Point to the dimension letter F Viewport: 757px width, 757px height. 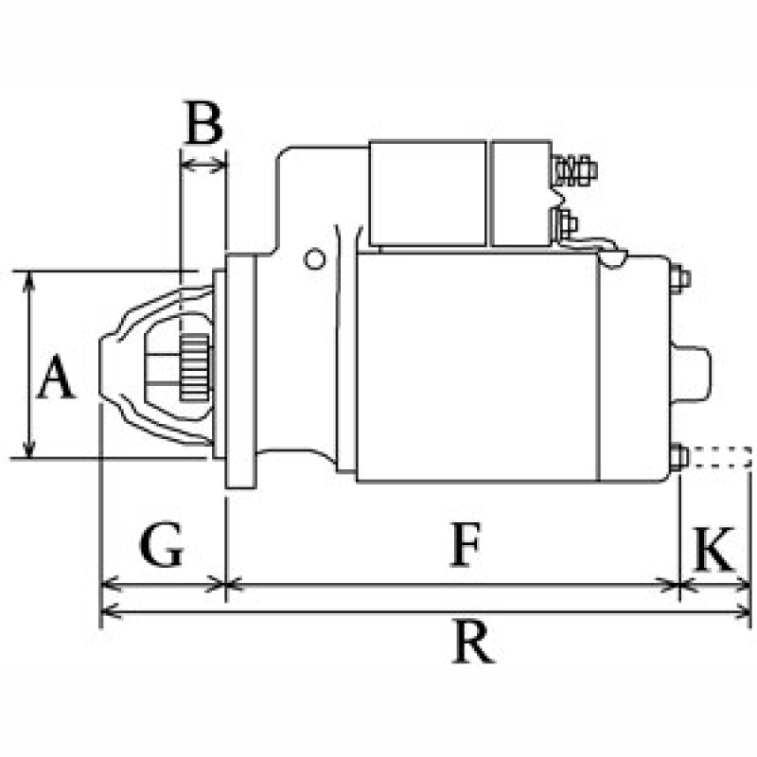pyautogui.click(x=464, y=547)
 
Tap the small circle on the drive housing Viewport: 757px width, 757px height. pyautogui.click(x=313, y=258)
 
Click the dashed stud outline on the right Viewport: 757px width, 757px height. pyautogui.click(x=719, y=458)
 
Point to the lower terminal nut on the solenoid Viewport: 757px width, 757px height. pyautogui.click(x=565, y=224)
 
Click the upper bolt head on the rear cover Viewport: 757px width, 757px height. pyautogui.click(x=680, y=279)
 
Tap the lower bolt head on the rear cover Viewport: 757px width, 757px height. pyautogui.click(x=680, y=458)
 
